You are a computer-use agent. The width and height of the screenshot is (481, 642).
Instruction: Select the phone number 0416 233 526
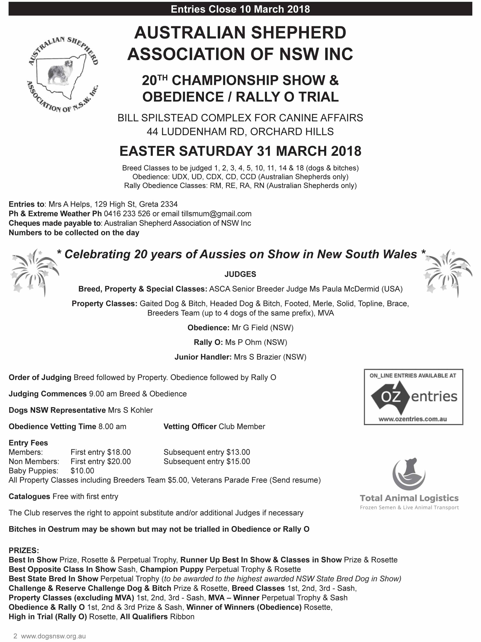[x=127, y=214]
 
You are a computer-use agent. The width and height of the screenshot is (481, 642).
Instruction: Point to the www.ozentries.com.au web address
[x=412, y=419]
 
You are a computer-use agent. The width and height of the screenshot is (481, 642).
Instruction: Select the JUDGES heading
[x=240, y=274]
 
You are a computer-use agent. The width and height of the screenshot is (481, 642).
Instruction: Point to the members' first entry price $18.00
[x=119, y=452]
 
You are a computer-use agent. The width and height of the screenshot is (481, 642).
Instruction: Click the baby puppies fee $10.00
[x=82, y=471]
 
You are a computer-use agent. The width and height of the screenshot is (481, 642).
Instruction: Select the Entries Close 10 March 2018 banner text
[x=240, y=9]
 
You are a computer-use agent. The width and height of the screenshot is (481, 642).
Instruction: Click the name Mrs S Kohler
[x=130, y=410]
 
